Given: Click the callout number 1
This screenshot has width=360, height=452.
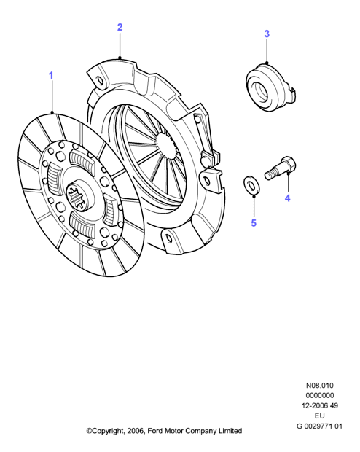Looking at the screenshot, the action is pyautogui.click(x=51, y=76).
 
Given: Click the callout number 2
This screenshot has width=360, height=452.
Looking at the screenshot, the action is pyautogui.click(x=120, y=27).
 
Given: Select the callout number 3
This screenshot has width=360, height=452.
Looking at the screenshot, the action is pyautogui.click(x=267, y=34).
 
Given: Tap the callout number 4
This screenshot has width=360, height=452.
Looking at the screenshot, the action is pyautogui.click(x=287, y=198).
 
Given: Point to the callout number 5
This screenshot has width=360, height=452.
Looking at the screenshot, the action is pyautogui.click(x=254, y=223).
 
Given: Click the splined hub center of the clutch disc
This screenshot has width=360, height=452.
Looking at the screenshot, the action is pyautogui.click(x=77, y=196).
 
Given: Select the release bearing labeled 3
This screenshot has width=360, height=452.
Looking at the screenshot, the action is pyautogui.click(x=270, y=87).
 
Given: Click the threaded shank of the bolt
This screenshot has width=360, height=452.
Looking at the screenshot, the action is pyautogui.click(x=272, y=175).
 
